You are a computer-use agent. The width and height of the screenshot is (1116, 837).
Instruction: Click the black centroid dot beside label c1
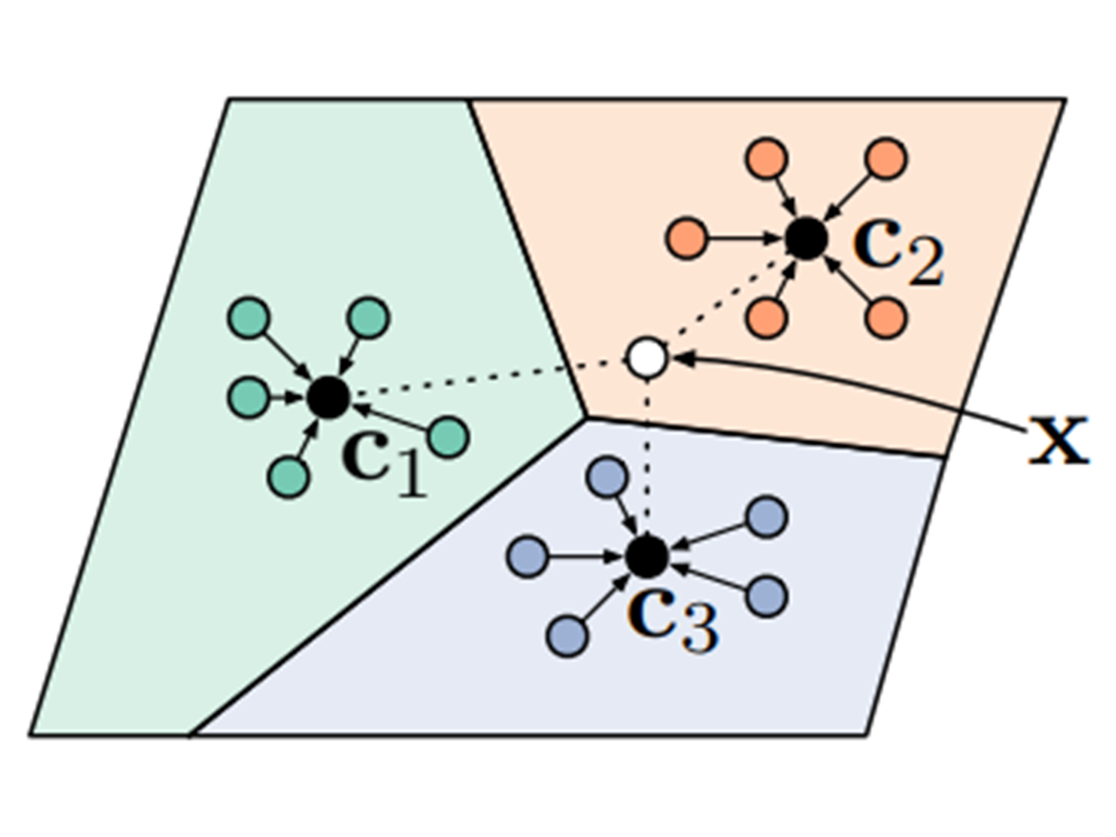(x=329, y=397)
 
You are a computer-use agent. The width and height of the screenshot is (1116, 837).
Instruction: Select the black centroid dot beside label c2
(x=806, y=238)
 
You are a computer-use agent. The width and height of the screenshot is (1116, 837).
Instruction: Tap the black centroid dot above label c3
(x=647, y=556)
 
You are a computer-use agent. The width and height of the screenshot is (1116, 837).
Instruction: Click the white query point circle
(x=647, y=357)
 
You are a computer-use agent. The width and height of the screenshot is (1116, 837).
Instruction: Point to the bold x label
(x=1058, y=441)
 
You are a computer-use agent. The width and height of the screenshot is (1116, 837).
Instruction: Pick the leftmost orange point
(x=686, y=238)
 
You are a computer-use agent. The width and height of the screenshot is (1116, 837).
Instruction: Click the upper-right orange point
(x=886, y=159)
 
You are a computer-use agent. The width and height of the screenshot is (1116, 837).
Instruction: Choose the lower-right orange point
(x=886, y=318)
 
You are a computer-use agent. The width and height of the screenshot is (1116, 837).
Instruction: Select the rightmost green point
(x=448, y=437)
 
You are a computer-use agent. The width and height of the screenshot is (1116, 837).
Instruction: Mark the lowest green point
(x=289, y=477)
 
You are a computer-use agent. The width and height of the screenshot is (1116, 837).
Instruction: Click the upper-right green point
(x=369, y=317)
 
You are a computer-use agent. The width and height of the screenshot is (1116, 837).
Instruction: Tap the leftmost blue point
(x=528, y=556)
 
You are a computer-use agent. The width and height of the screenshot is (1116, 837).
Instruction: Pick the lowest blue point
(x=568, y=636)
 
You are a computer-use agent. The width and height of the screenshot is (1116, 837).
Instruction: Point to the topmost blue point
(x=607, y=477)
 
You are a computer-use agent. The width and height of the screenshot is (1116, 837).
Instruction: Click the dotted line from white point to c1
(x=477, y=379)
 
